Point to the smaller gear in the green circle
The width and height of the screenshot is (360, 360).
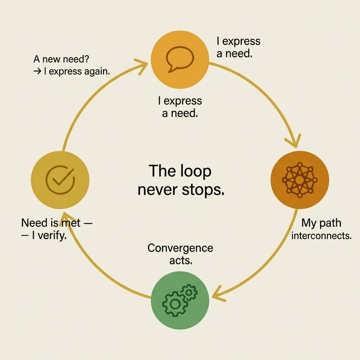[190, 291]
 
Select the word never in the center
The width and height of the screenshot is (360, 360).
[159, 190]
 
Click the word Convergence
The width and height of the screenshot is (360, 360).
[180, 248]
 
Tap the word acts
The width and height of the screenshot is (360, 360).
[180, 260]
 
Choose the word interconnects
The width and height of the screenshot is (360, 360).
[322, 236]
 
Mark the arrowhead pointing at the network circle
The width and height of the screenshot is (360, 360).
[294, 141]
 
